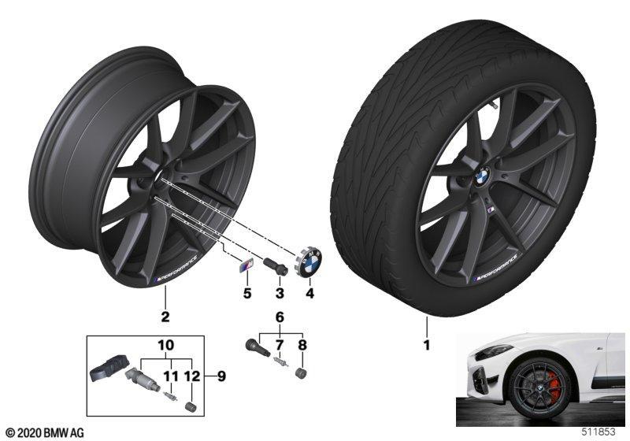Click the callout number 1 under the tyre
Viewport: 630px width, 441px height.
(x=427, y=345)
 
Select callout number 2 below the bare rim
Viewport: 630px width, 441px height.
(x=165, y=317)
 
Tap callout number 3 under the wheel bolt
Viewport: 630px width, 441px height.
(x=280, y=293)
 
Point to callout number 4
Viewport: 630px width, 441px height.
(x=309, y=293)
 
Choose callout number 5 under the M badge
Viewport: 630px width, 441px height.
(x=247, y=293)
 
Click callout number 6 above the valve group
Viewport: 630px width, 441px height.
(x=280, y=317)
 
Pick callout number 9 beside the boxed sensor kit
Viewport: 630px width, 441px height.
(x=221, y=376)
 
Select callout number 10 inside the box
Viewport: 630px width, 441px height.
(x=166, y=345)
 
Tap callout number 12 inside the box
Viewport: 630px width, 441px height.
(x=192, y=376)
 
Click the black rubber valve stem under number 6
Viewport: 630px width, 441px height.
(x=258, y=346)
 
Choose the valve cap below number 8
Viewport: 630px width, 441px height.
(x=301, y=372)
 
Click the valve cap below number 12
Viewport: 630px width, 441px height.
(x=190, y=406)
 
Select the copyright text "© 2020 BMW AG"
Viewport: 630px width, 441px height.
(x=45, y=432)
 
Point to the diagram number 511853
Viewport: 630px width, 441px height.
(x=598, y=432)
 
